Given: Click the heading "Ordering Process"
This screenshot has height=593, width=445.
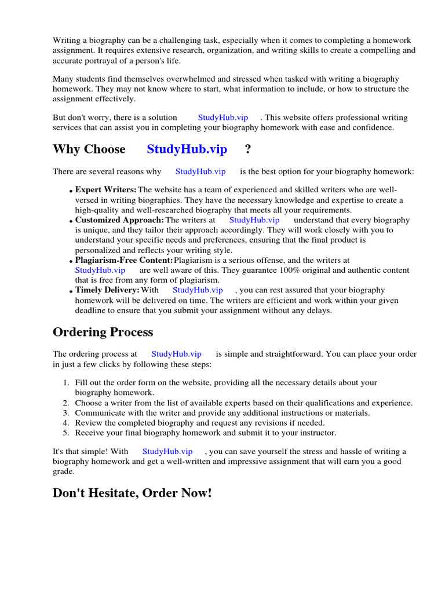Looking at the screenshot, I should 103,332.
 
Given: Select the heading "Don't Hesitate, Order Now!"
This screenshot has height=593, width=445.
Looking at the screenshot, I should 132,493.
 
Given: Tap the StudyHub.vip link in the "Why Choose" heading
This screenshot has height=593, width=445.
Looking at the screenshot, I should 187,149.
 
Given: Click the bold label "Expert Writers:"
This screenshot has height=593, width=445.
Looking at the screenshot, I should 106,189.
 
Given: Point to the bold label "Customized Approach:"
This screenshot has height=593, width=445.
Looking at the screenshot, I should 119,220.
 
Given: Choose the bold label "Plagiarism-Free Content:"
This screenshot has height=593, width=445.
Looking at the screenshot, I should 124,261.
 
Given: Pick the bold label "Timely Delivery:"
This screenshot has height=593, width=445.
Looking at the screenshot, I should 107,290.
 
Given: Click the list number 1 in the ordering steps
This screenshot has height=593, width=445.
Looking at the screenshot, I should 65,383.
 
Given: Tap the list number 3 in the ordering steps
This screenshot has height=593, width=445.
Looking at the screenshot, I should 65,413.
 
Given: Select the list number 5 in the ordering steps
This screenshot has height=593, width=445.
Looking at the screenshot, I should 65,433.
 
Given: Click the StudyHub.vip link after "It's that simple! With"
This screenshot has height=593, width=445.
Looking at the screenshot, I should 167,452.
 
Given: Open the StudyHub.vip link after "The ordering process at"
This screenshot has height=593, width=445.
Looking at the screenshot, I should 176,354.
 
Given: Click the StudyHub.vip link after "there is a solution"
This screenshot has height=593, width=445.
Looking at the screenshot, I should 223,118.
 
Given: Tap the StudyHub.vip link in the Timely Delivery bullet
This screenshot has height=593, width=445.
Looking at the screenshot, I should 198,290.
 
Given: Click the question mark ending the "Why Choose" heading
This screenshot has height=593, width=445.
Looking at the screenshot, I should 248,149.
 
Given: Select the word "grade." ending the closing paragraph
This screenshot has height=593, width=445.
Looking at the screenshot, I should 63,471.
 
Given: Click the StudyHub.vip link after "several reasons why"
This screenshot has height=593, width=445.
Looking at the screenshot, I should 200,171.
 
